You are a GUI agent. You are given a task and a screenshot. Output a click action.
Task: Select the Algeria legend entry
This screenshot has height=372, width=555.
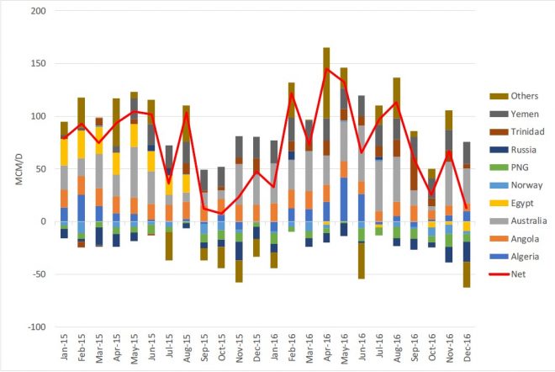pos(510,257)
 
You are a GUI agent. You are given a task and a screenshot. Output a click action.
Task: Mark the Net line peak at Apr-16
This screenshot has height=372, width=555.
pos(326,69)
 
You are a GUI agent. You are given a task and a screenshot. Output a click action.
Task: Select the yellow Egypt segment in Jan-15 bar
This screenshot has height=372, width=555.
pos(64,151)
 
